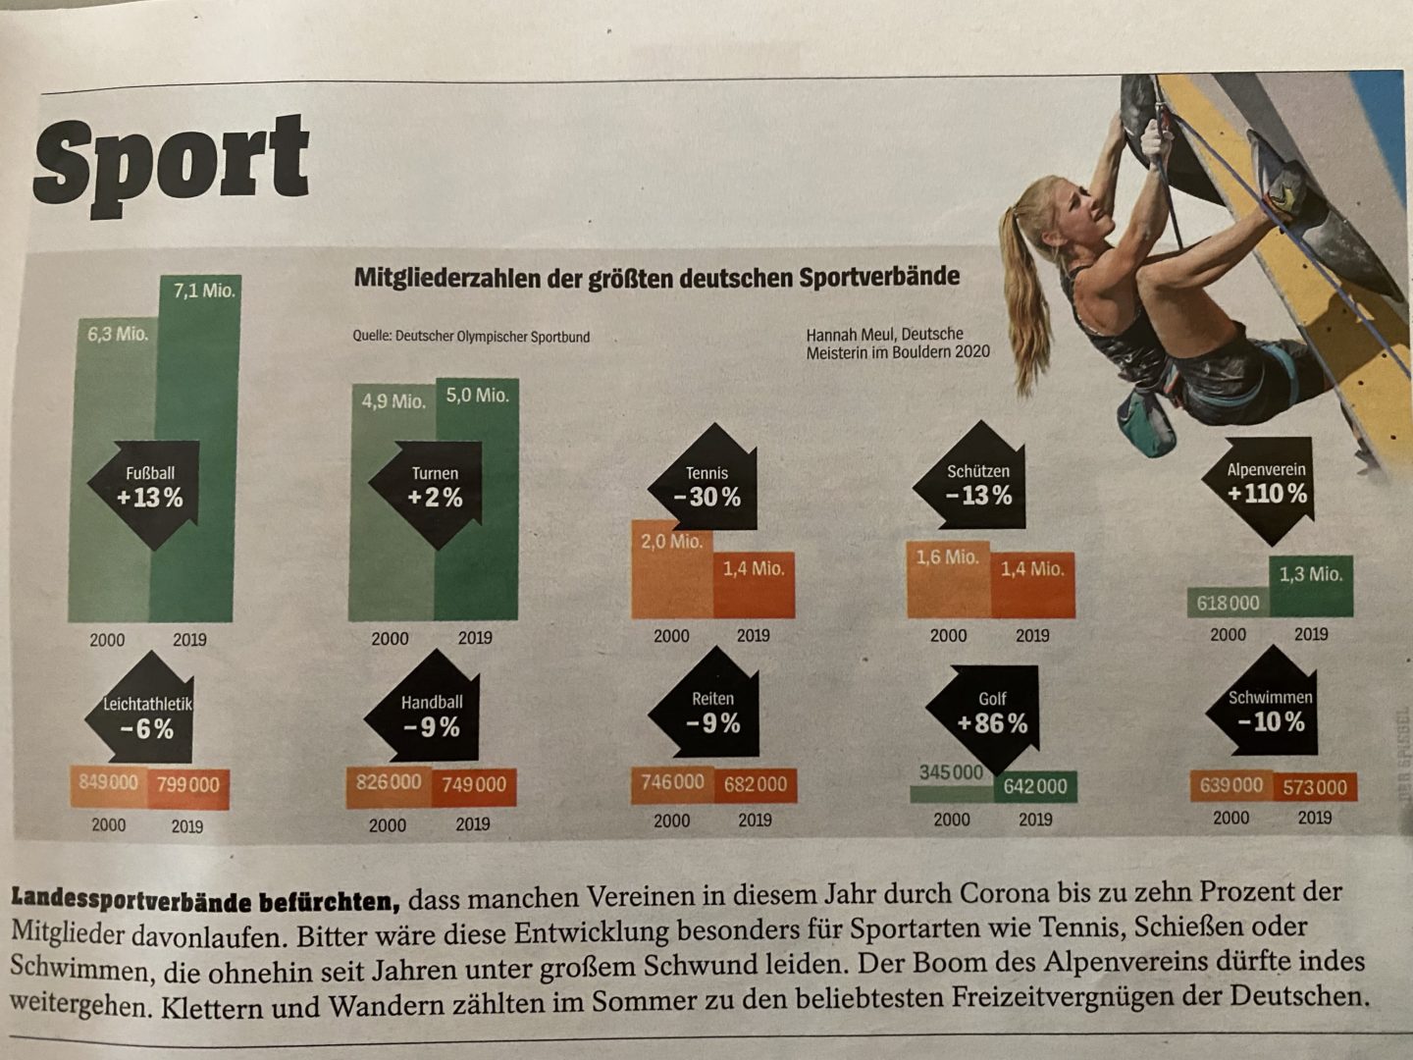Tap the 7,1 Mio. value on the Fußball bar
[204, 291]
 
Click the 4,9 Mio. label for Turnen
[393, 401]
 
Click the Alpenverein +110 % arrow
[1267, 484]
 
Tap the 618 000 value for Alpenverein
[1228, 604]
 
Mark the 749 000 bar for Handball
[474, 785]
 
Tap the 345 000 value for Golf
[951, 773]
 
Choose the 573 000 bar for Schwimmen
[1315, 787]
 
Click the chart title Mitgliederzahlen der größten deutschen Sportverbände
[656, 277]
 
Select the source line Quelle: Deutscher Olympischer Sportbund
[471, 337]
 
